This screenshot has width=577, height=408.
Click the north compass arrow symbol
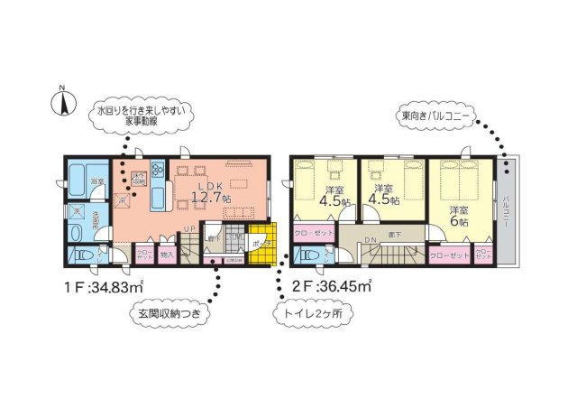click(x=64, y=102)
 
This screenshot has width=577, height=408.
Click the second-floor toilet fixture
click(x=307, y=255)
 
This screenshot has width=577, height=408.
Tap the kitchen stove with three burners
click(x=159, y=169)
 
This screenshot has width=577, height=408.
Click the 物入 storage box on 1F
click(x=167, y=255)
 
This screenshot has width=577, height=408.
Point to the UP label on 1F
click(x=189, y=227)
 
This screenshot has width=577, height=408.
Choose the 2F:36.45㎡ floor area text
click(x=333, y=287)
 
